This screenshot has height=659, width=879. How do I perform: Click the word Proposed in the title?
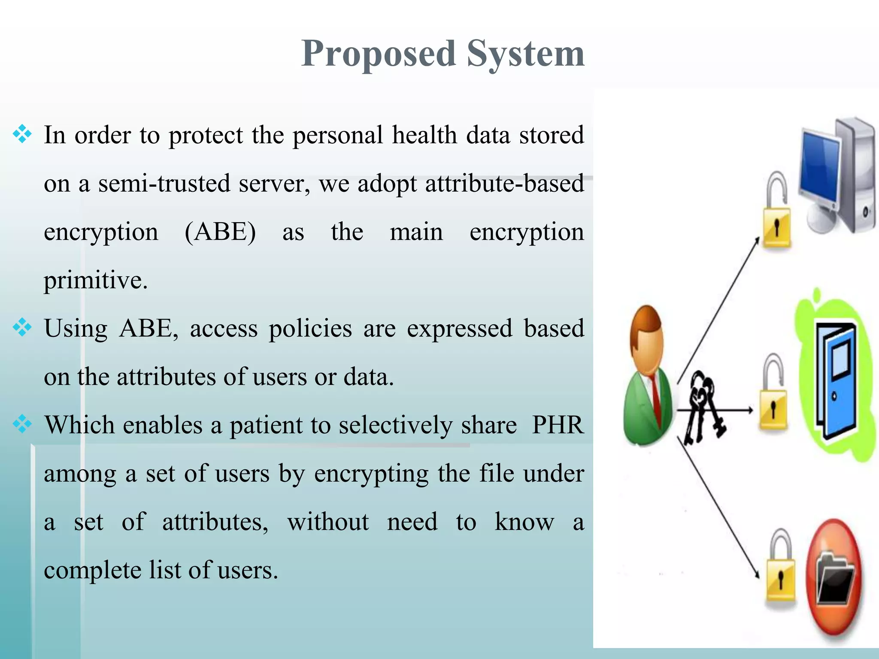[378, 54]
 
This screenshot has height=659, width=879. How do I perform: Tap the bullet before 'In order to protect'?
[22, 135]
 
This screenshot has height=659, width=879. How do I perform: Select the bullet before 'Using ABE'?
[22, 328]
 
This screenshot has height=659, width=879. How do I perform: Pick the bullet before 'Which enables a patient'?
[22, 425]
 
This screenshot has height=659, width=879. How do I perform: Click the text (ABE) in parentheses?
[220, 232]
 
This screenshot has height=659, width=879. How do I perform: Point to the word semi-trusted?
[164, 184]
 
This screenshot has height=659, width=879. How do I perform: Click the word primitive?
[95, 280]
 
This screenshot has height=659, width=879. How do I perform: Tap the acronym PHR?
[558, 425]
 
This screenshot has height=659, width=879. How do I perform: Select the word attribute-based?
[504, 184]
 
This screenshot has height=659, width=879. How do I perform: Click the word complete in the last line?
[92, 570]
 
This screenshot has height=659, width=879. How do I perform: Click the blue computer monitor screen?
[819, 169]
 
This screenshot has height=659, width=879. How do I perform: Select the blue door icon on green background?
[836, 380]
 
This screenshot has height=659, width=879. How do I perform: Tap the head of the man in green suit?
[647, 339]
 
